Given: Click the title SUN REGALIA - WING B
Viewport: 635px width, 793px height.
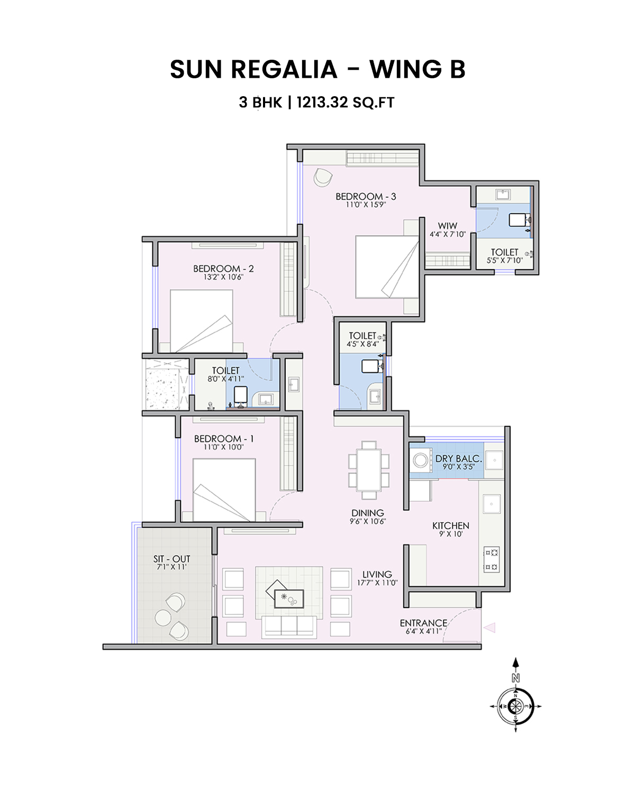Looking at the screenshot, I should pyautogui.click(x=317, y=70).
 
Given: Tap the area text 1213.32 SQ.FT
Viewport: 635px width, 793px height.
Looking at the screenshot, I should pyautogui.click(x=345, y=102).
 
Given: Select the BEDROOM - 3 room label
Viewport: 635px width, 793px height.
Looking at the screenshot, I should pyautogui.click(x=366, y=196).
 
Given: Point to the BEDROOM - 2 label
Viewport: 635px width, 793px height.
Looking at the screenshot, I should pyautogui.click(x=223, y=269).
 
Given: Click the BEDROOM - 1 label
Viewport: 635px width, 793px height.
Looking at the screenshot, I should pyautogui.click(x=224, y=439).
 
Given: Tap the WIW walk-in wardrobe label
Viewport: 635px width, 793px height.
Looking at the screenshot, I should pyautogui.click(x=447, y=226).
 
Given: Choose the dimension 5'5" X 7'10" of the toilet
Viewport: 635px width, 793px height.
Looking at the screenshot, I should pyautogui.click(x=504, y=260).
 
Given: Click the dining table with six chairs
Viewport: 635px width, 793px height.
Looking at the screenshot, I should pyautogui.click(x=369, y=470).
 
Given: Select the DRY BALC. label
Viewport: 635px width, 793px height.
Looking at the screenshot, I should pyautogui.click(x=458, y=458).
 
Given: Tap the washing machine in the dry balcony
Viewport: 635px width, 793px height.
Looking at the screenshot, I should pyautogui.click(x=421, y=460).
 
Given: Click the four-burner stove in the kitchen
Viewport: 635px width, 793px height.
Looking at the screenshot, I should pyautogui.click(x=491, y=560).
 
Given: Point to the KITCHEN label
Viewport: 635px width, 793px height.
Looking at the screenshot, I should pyautogui.click(x=451, y=525).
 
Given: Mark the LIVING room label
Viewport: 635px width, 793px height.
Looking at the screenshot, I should pyautogui.click(x=377, y=574).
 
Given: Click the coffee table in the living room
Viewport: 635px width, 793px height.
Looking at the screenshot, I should pyautogui.click(x=289, y=598).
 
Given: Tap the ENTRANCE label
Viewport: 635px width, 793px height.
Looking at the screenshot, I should pyautogui.click(x=423, y=623).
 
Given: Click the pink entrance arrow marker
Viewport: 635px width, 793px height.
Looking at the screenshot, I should pyautogui.click(x=490, y=628).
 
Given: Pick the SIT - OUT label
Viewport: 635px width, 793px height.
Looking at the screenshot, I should pyautogui.click(x=171, y=559).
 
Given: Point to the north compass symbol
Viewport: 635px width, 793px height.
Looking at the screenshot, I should pyautogui.click(x=516, y=705).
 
